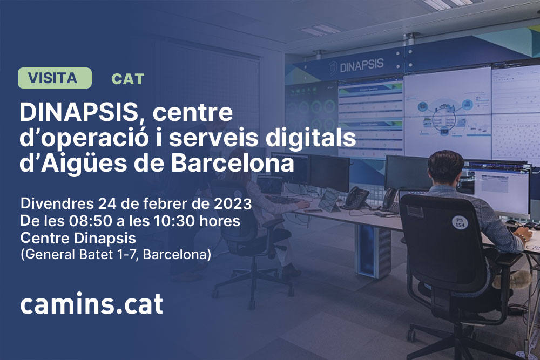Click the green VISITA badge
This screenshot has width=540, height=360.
pos(55,78)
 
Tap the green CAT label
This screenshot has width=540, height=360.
pos(127,79)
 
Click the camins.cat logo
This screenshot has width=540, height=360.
pos(91,304)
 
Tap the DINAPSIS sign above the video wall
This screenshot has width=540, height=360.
pos(356,65)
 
